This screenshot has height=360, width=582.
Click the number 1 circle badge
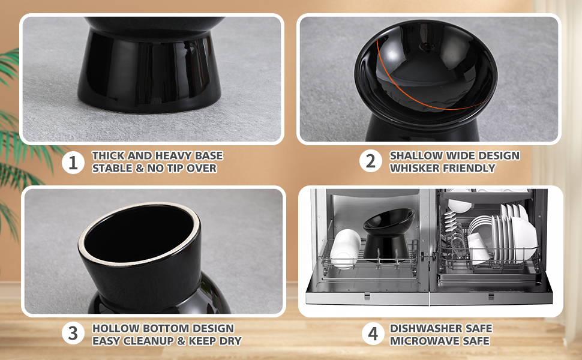point(73,163)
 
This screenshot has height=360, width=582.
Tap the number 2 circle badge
point(370,161)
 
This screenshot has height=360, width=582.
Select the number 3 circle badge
point(73,333)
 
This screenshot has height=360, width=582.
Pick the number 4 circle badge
point(373,333)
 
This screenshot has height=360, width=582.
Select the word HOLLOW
point(115,328)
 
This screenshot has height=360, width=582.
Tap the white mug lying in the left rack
point(344,248)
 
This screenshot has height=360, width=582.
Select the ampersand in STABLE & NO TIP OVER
point(140,168)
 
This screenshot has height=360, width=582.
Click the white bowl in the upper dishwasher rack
point(459,205)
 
